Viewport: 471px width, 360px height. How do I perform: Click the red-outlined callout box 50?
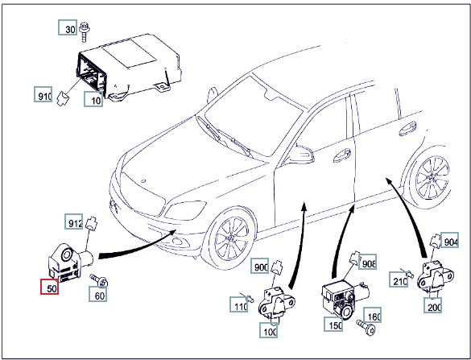click(x=50, y=287)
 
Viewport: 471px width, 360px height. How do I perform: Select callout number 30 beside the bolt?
click(x=68, y=27)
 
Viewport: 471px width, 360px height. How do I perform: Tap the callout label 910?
click(x=43, y=94)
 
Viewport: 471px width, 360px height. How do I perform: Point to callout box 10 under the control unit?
click(x=93, y=99)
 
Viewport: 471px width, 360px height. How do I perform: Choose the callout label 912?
click(x=74, y=221)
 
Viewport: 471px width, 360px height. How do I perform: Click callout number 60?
click(x=98, y=294)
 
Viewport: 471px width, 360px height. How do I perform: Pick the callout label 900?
click(x=260, y=265)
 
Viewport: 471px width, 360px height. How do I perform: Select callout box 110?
click(x=239, y=304)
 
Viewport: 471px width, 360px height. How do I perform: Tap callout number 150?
click(x=333, y=324)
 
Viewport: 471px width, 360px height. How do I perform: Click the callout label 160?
click(x=373, y=315)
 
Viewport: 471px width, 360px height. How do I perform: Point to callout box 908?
click(x=367, y=262)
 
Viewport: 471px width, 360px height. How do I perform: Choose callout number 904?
click(x=450, y=240)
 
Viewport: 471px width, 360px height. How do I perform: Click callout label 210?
click(x=399, y=279)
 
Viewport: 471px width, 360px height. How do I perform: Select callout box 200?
click(x=433, y=305)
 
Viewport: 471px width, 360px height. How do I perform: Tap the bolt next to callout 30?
click(x=85, y=32)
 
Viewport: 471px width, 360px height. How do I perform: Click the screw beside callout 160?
click(x=366, y=328)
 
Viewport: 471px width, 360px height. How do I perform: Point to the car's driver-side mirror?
click(x=301, y=155)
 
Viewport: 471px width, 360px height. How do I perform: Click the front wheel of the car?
click(x=231, y=238)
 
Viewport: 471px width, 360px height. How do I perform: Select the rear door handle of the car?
click(x=408, y=128)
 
